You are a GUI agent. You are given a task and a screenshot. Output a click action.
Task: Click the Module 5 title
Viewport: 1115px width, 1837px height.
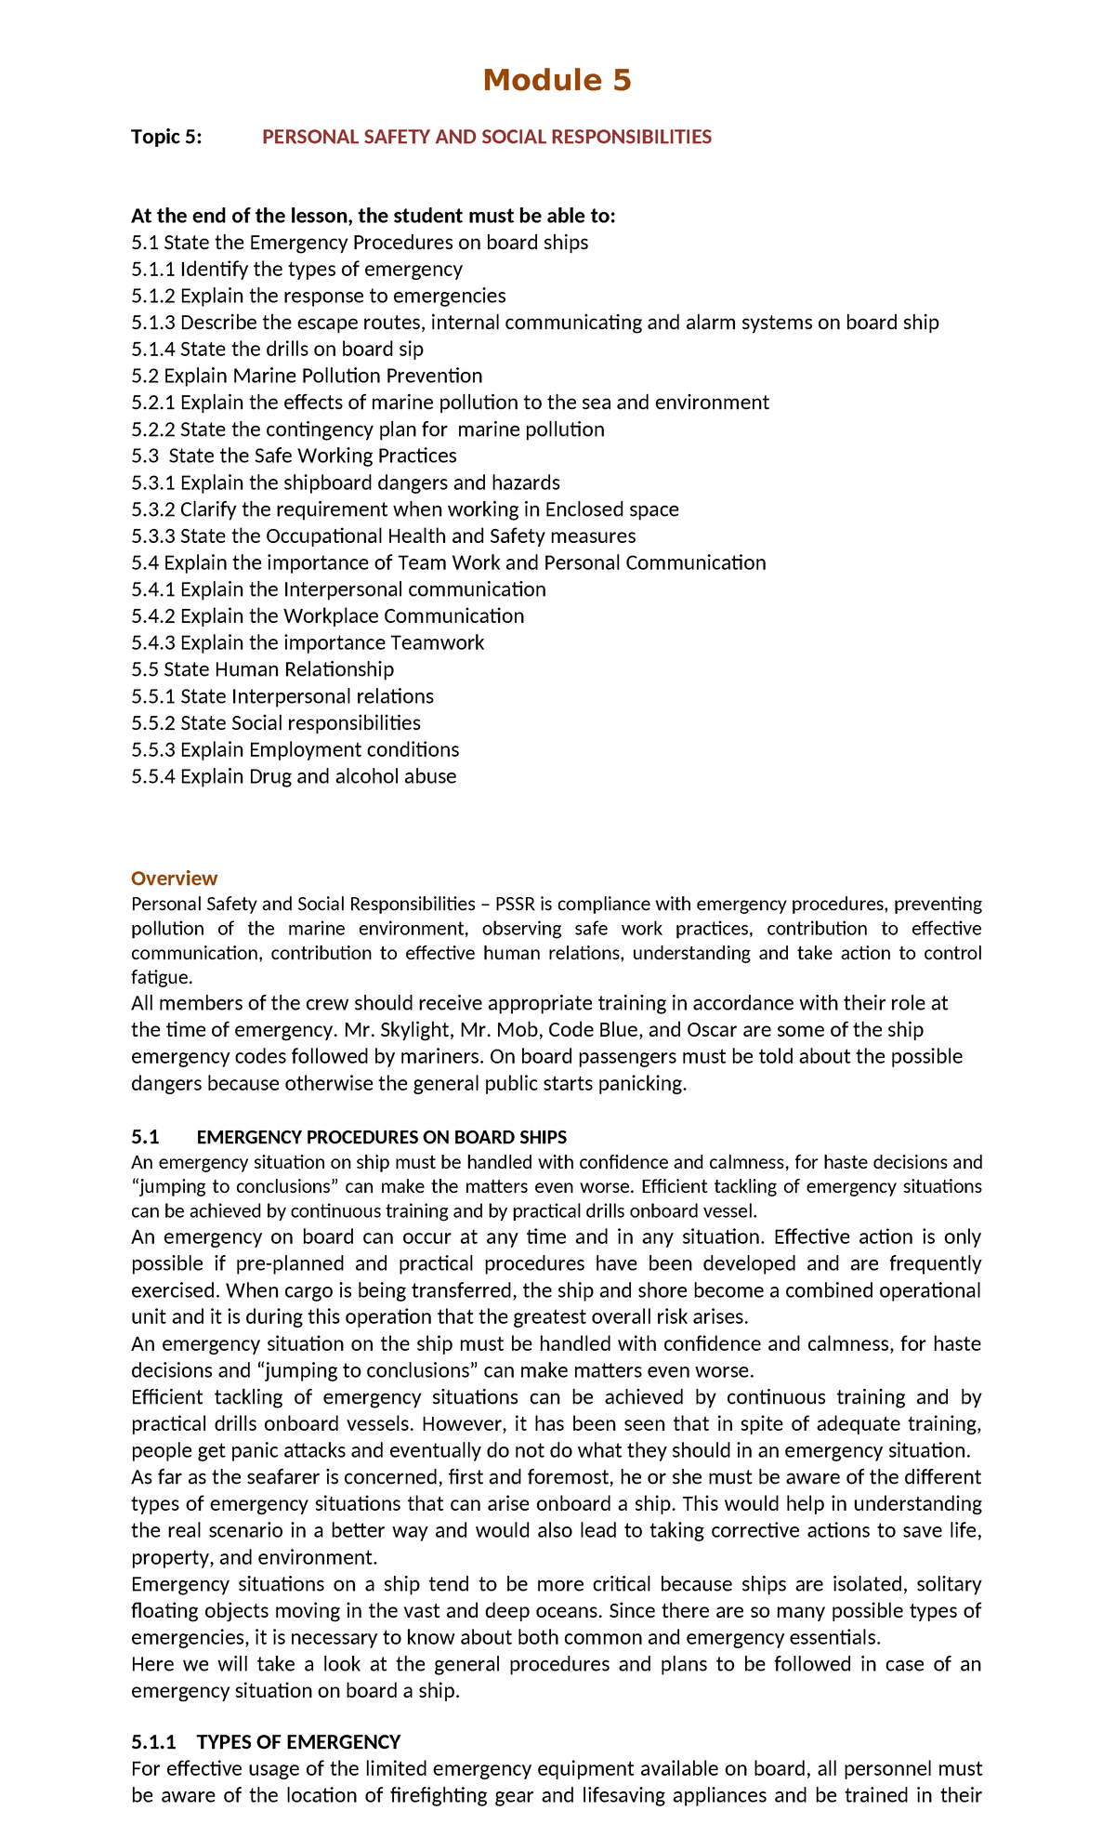557,80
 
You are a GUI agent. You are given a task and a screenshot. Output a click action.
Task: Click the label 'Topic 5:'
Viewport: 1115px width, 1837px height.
166,138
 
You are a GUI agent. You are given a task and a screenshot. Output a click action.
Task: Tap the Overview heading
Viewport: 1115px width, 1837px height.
174,879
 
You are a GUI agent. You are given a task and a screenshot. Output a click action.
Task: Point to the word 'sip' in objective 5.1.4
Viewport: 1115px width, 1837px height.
411,350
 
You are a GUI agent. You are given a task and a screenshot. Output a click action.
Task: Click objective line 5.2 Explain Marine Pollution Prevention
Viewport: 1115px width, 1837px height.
307,376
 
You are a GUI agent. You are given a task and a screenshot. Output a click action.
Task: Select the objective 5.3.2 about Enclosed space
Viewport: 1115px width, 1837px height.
405,509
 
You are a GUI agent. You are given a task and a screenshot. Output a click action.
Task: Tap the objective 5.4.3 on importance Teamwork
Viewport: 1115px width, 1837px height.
308,643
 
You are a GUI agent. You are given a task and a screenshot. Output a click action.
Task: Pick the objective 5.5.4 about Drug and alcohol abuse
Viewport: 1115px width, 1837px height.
294,776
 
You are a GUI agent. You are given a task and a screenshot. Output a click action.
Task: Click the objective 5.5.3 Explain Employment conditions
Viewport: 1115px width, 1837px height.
295,749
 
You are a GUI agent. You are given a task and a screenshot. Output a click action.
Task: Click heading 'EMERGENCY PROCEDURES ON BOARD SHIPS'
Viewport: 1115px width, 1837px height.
382,1137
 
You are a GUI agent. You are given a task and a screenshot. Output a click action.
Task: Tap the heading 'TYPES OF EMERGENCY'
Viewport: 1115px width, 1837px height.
298,1741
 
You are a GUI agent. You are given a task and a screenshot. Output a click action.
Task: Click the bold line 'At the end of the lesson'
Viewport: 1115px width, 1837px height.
373,217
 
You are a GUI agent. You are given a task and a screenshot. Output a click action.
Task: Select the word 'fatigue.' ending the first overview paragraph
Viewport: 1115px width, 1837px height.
162,977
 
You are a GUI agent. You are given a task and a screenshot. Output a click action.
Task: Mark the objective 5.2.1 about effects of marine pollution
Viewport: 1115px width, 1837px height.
450,403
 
